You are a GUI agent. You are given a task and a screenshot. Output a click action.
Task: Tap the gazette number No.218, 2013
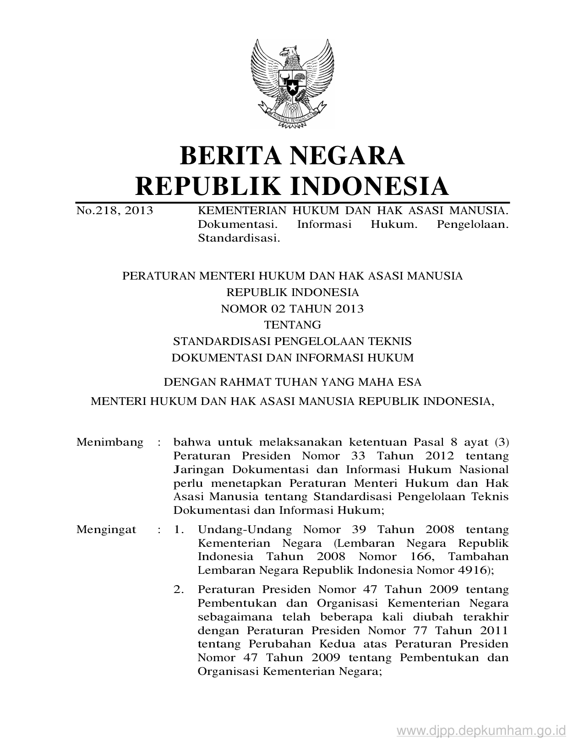click(x=115, y=210)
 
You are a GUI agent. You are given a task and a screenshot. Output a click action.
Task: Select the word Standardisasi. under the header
click(x=239, y=238)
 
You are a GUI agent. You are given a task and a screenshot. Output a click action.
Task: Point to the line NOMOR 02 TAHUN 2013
click(x=292, y=308)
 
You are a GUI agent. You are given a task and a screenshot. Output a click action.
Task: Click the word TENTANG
click(x=292, y=325)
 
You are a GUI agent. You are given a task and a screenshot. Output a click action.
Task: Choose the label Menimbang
click(x=110, y=442)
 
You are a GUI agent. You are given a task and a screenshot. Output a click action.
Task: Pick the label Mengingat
click(x=106, y=530)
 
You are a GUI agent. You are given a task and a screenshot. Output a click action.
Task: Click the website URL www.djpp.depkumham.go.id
click(x=481, y=730)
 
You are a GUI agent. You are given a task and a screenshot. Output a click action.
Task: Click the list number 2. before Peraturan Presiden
click(x=179, y=589)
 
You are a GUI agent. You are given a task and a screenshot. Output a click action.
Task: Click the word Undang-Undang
click(x=245, y=530)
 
